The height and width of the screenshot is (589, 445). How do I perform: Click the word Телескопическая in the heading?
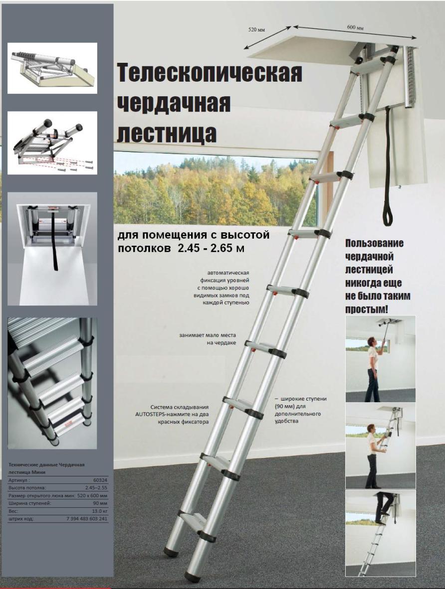click(x=210, y=72)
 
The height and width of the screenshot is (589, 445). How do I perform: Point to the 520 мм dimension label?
click(x=256, y=29)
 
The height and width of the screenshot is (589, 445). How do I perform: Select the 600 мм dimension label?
click(x=355, y=28)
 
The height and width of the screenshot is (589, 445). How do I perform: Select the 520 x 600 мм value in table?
click(x=92, y=495)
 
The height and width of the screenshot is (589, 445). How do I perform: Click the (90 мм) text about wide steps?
click(x=287, y=407)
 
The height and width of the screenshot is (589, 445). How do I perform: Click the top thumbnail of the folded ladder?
click(x=52, y=68)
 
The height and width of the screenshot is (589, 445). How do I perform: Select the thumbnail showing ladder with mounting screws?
click(x=52, y=143)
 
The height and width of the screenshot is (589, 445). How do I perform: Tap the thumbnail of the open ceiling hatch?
click(x=52, y=249)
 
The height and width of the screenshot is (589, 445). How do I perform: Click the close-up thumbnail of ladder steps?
click(x=52, y=383)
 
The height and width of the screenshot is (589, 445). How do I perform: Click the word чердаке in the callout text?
click(x=224, y=343)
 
